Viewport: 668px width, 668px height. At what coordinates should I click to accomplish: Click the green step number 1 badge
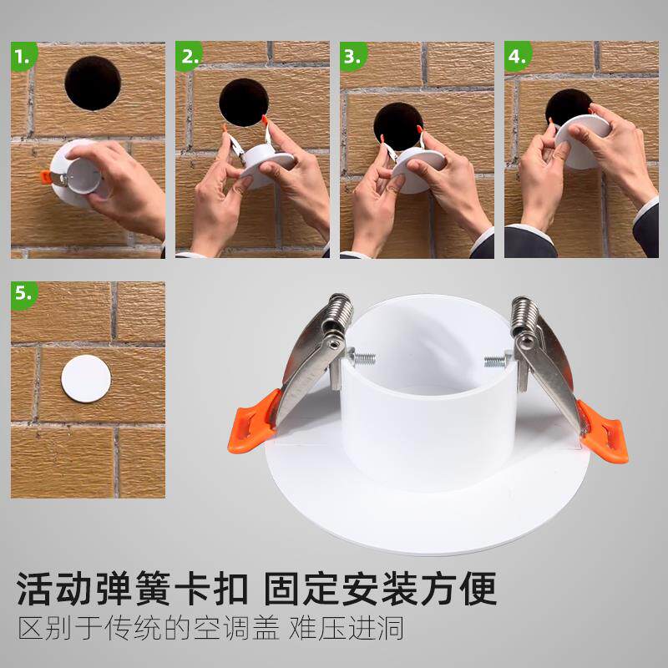pos(23,56)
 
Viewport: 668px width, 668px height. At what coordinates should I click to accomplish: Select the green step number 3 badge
pos(352,56)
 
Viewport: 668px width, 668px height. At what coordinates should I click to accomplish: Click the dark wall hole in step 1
pos(93,83)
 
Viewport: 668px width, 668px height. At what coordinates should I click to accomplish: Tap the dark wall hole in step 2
pos(244,102)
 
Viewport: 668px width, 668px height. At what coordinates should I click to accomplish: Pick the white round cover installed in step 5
pos(86,379)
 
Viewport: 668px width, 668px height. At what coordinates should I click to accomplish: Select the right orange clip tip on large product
pos(603,433)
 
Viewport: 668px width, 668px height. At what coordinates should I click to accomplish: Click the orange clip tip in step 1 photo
pos(46,178)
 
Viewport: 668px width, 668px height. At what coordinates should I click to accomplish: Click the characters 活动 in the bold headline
pos(54,589)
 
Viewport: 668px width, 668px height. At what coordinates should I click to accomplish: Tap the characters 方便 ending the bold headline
pos(459,589)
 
